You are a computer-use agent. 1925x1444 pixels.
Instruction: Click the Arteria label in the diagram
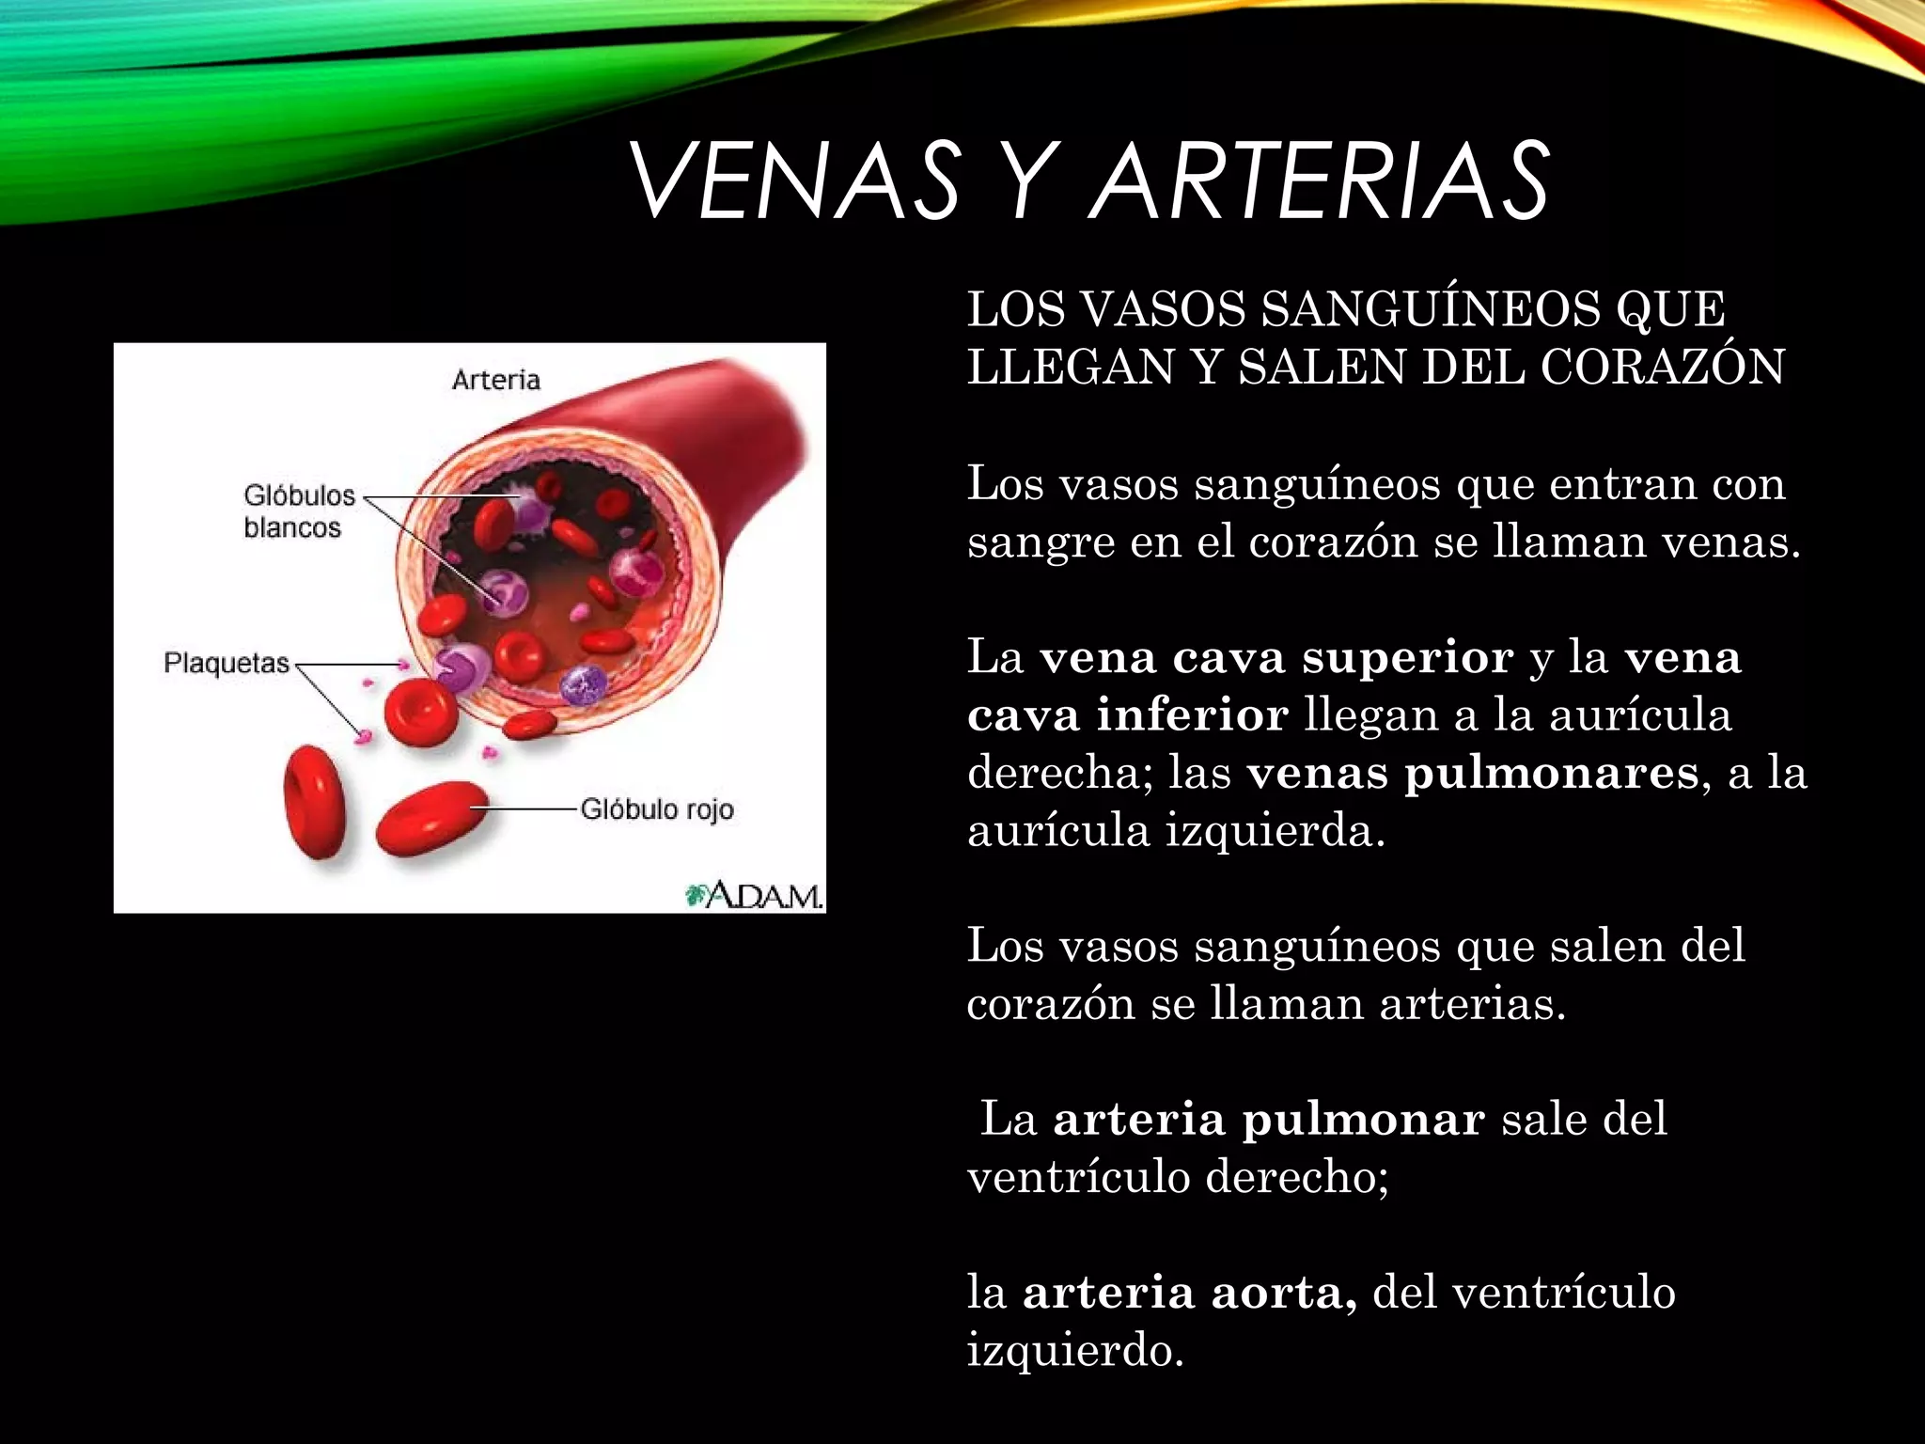point(496,380)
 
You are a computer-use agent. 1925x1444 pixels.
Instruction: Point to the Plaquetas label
point(227,663)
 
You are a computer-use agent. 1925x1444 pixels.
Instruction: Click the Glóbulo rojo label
point(656,809)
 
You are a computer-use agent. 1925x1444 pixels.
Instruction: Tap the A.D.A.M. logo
point(755,895)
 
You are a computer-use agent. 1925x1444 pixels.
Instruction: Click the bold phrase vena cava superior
point(1276,657)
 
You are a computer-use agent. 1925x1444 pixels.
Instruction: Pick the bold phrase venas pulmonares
point(1472,773)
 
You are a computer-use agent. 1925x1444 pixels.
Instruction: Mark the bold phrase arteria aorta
point(1188,1293)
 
